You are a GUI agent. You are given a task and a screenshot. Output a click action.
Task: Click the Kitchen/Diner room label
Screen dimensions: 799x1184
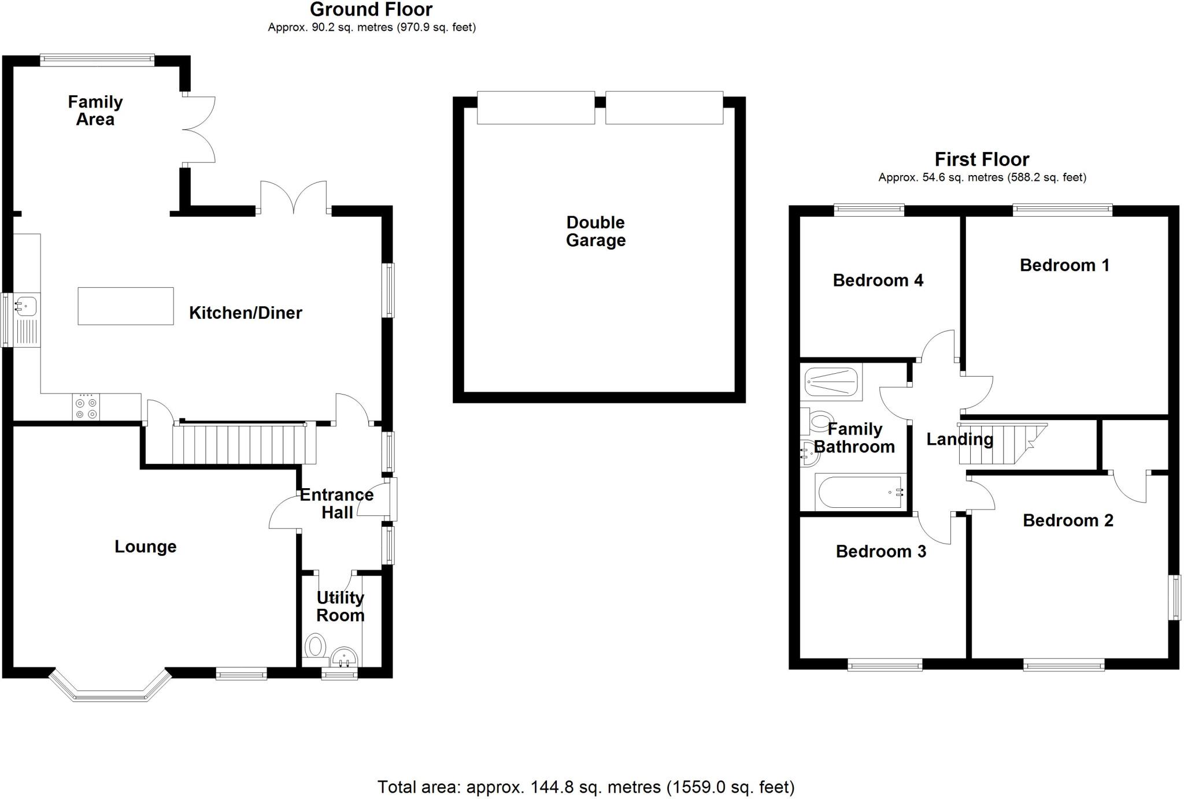point(245,313)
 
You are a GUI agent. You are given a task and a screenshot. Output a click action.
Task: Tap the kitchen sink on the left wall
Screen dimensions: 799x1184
point(27,306)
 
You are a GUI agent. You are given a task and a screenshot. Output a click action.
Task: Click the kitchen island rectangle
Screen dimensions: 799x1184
point(125,306)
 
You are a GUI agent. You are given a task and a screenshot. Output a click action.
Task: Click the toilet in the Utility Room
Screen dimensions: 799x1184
point(315,646)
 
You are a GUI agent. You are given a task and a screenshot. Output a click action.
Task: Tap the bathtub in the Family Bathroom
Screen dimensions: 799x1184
point(860,492)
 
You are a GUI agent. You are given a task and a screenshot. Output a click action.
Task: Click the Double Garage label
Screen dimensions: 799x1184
point(595,231)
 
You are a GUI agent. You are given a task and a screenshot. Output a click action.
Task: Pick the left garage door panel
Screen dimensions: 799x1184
point(536,107)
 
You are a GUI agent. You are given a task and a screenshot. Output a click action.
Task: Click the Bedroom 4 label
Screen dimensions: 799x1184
point(878,280)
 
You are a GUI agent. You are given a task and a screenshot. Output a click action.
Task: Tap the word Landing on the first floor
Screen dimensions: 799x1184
point(960,439)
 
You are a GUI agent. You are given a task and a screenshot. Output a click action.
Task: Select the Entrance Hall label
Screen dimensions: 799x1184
point(336,503)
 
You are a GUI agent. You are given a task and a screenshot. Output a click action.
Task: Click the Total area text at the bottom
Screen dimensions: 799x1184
point(586,787)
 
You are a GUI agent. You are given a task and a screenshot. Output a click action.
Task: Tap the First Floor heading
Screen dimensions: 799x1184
point(982,159)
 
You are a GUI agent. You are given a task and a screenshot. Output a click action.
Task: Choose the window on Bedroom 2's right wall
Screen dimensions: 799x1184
point(1174,597)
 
